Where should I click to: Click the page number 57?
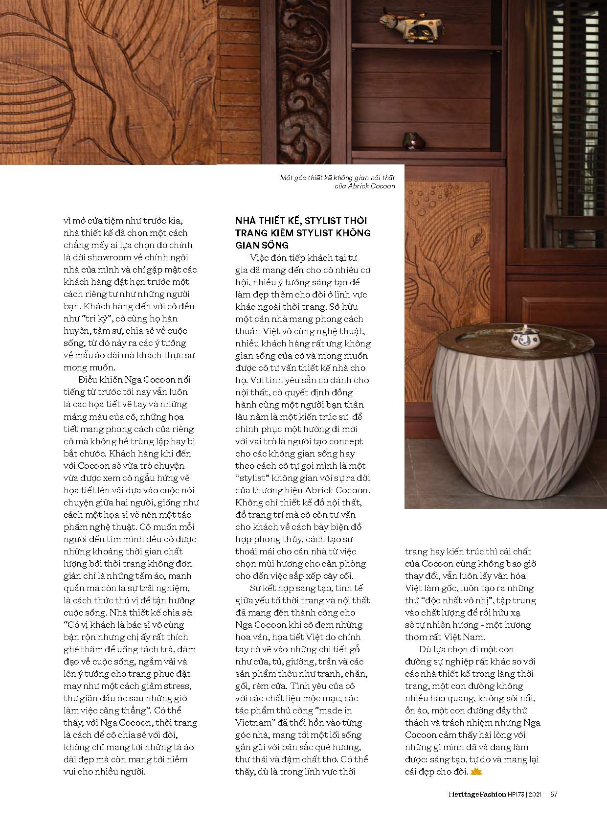point(554,794)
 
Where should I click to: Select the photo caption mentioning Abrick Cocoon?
point(337,182)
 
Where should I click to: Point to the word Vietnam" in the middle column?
point(254,723)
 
